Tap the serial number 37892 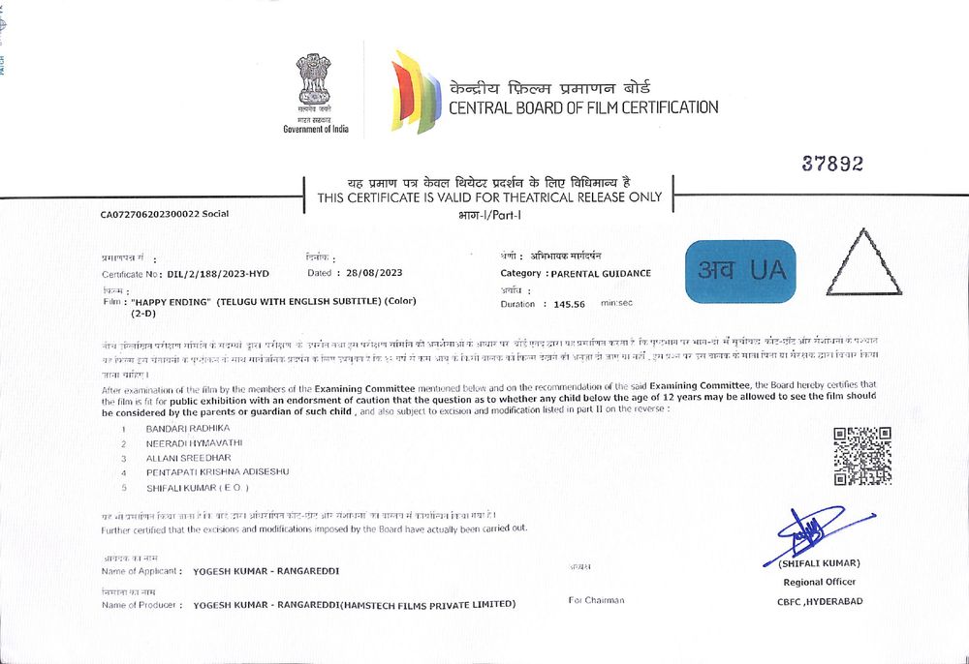point(831,165)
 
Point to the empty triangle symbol point(862,264)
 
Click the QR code point(862,456)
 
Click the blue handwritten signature point(812,529)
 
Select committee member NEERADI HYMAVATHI point(195,442)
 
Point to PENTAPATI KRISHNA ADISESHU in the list point(217,471)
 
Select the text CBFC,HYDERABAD point(819,601)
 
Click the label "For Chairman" point(596,600)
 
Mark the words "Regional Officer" point(819,582)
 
